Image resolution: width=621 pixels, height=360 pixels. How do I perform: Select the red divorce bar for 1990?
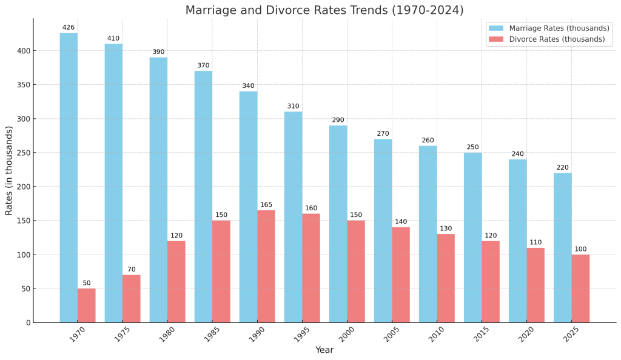[266, 266]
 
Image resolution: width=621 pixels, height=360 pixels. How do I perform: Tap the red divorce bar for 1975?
[132, 299]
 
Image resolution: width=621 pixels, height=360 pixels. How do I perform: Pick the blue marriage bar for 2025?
[562, 247]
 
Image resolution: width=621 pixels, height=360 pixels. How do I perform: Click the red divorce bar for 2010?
[446, 278]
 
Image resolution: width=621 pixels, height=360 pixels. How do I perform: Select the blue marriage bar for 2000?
[338, 224]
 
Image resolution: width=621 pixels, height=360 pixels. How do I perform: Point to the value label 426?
[69, 27]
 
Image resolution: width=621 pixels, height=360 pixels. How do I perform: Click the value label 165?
[266, 205]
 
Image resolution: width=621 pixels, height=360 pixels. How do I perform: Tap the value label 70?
[132, 270]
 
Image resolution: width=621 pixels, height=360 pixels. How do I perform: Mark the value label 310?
[293, 106]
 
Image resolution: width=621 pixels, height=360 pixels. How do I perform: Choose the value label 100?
[580, 249]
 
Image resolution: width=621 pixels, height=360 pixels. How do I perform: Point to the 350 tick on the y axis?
[22, 85]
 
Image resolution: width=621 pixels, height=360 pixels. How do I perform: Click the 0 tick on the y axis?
[28, 323]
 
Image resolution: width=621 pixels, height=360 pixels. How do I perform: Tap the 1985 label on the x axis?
[212, 335]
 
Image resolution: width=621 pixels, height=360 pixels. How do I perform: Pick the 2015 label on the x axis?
[482, 335]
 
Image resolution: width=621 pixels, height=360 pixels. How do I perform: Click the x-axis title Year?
[324, 350]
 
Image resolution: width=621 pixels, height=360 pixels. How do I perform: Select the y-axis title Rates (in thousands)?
[9, 170]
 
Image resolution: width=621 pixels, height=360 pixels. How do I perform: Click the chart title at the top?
[324, 10]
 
